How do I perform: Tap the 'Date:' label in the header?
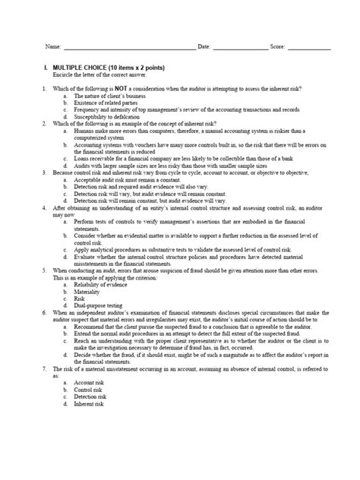[204, 47]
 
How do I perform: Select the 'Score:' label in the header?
[277, 47]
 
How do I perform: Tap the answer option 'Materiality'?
[87, 291]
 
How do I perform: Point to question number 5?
[45, 270]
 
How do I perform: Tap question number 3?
[45, 172]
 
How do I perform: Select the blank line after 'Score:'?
[308, 48]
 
